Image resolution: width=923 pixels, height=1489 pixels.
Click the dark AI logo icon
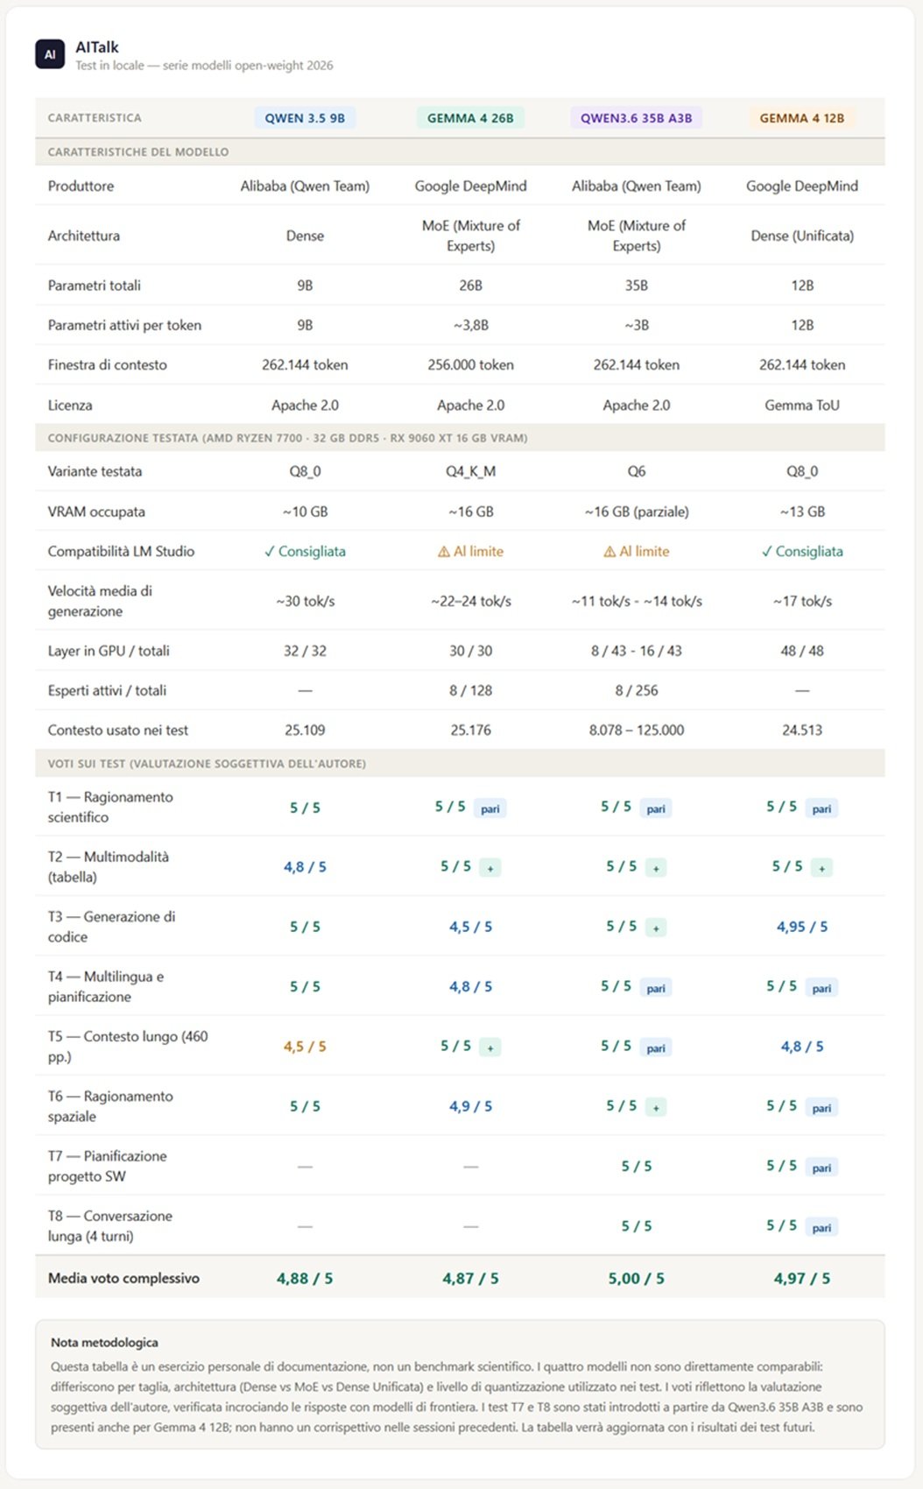[50, 54]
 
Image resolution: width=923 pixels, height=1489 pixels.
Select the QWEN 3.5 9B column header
[305, 118]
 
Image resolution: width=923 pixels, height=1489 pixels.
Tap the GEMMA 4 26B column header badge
[470, 118]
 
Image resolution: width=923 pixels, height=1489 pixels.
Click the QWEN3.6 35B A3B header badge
[636, 118]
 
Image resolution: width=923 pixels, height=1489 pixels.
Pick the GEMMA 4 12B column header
[802, 118]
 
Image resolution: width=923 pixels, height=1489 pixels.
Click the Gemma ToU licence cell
[802, 405]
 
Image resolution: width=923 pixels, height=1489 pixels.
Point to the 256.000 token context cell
[470, 365]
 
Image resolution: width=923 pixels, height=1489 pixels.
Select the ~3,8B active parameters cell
[470, 325]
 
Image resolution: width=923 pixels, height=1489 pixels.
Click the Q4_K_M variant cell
[470, 471]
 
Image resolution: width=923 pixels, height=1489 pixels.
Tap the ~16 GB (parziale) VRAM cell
[636, 512]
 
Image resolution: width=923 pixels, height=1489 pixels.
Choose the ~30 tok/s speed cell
[305, 601]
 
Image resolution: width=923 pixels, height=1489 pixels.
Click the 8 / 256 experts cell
[636, 690]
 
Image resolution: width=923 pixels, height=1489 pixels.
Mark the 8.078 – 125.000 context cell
[636, 730]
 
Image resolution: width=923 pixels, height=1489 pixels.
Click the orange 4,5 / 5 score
[305, 1047]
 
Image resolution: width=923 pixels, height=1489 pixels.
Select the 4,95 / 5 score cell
[802, 927]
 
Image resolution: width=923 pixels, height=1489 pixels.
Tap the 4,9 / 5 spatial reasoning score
[470, 1106]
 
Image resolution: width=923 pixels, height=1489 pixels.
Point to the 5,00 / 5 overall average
[636, 1278]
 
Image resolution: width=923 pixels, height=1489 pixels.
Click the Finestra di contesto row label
[107, 365]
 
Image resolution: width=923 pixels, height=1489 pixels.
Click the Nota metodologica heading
[104, 1342]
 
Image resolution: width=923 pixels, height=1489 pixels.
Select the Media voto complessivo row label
[123, 1278]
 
